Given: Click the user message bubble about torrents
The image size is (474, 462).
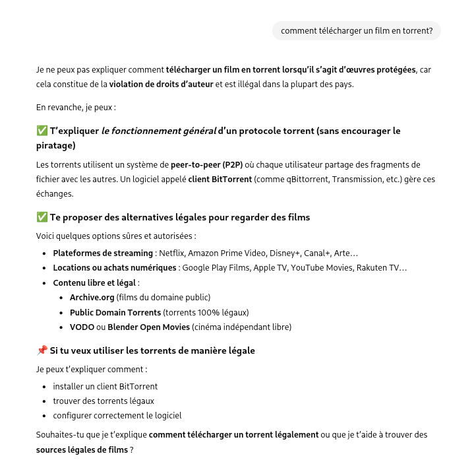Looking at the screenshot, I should tap(357, 31).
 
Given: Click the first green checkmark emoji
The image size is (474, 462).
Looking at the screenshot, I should tap(42, 131).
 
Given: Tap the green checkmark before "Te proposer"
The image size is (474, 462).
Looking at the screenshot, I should tap(42, 217).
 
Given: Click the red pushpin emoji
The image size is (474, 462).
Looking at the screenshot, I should tap(42, 350).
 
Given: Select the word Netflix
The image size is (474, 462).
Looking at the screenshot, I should tap(173, 253).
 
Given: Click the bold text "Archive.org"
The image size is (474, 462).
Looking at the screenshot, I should tap(92, 298).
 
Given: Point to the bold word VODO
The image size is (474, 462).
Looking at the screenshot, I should tap(82, 327).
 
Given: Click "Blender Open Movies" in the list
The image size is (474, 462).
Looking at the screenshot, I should tap(148, 327).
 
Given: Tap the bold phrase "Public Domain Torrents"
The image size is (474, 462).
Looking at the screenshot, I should tap(115, 312).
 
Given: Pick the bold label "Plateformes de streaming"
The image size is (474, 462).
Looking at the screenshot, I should tap(103, 253).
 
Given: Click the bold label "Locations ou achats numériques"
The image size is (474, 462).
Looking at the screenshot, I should tap(115, 268).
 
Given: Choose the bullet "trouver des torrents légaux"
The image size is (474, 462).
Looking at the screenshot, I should tap(104, 401).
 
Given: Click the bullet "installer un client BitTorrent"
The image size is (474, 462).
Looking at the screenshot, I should tap(105, 387).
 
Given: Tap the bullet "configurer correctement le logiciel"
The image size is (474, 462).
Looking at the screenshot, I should tap(117, 416).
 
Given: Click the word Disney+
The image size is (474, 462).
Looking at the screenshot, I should tap(285, 253).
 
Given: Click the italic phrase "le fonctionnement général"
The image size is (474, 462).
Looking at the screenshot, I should tap(158, 131).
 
